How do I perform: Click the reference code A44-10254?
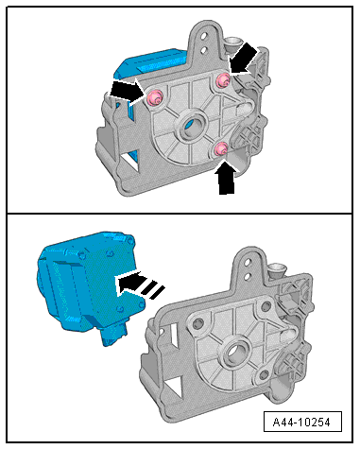click(301, 422)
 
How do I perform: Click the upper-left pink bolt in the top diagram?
click(154, 97)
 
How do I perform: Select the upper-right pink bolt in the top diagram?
click(223, 79)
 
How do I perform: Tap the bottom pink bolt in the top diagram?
click(221, 148)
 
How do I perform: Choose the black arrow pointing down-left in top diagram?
click(244, 60)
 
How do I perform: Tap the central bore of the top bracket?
click(192, 127)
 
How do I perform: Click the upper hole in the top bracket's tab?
click(205, 36)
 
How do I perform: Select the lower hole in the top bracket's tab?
click(204, 49)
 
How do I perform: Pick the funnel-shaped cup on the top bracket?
click(232, 43)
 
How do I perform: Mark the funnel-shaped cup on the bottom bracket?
click(277, 268)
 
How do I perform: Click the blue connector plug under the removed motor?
click(114, 335)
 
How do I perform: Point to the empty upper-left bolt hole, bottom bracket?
click(198, 323)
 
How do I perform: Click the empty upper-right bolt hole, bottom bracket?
click(266, 305)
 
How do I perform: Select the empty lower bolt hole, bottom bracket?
click(264, 375)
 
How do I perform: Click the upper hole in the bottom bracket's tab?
click(249, 262)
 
